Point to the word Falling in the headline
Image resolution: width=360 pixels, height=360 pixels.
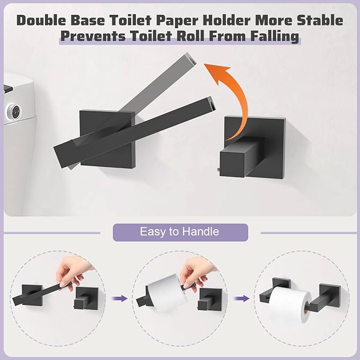point(272,37)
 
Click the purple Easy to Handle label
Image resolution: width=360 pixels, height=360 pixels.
point(180,232)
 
